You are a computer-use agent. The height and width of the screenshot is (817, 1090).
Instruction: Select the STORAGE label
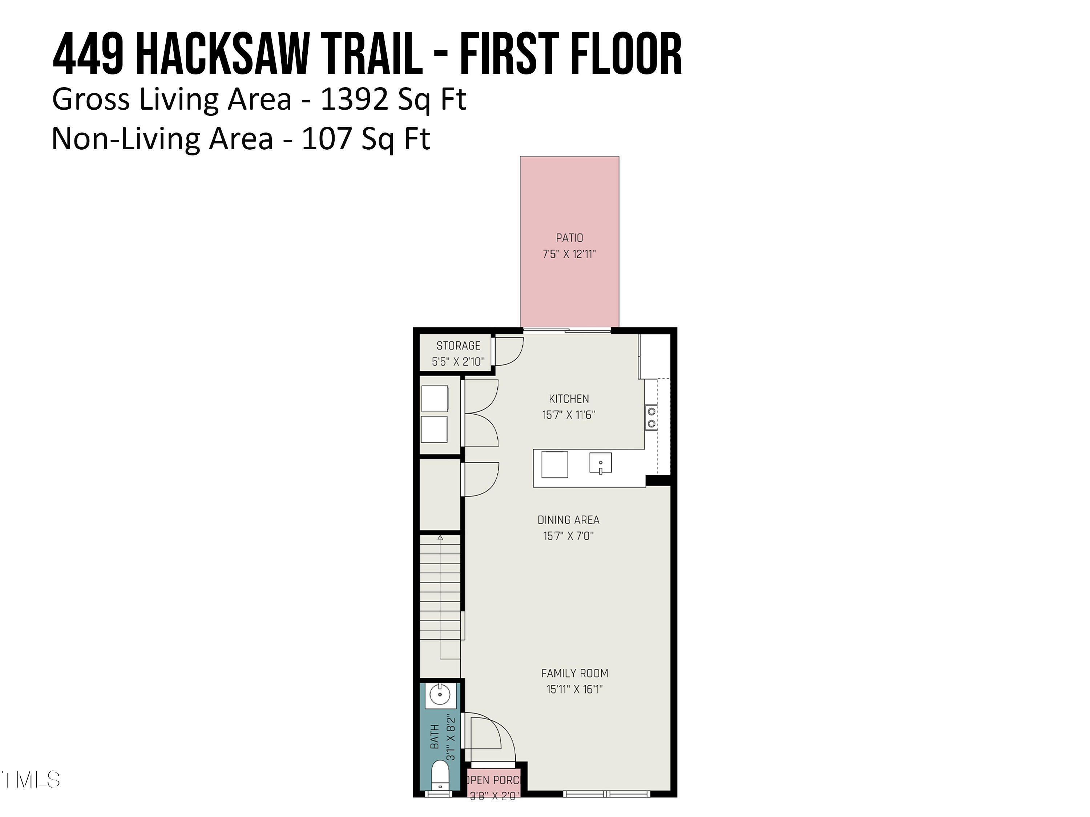[x=458, y=346]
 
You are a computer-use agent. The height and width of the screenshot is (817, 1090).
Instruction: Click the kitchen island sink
[x=600, y=463]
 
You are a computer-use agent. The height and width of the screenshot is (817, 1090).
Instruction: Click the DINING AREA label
[x=568, y=520]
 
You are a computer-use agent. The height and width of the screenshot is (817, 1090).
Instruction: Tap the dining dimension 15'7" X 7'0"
[x=568, y=536]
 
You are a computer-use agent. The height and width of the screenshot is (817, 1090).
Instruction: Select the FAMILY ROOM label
[x=574, y=673]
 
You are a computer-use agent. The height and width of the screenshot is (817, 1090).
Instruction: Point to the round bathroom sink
[x=440, y=695]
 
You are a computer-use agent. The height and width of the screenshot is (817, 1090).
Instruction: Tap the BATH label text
[x=435, y=737]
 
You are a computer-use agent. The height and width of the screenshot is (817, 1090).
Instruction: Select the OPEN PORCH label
[x=492, y=780]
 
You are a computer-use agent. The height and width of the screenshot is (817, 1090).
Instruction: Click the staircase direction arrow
[x=440, y=538]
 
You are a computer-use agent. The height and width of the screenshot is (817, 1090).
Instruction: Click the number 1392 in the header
[x=353, y=99]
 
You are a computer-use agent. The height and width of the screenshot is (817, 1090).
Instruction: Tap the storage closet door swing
[x=508, y=351]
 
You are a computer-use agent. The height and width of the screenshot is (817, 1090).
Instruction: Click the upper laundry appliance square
[x=435, y=398]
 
